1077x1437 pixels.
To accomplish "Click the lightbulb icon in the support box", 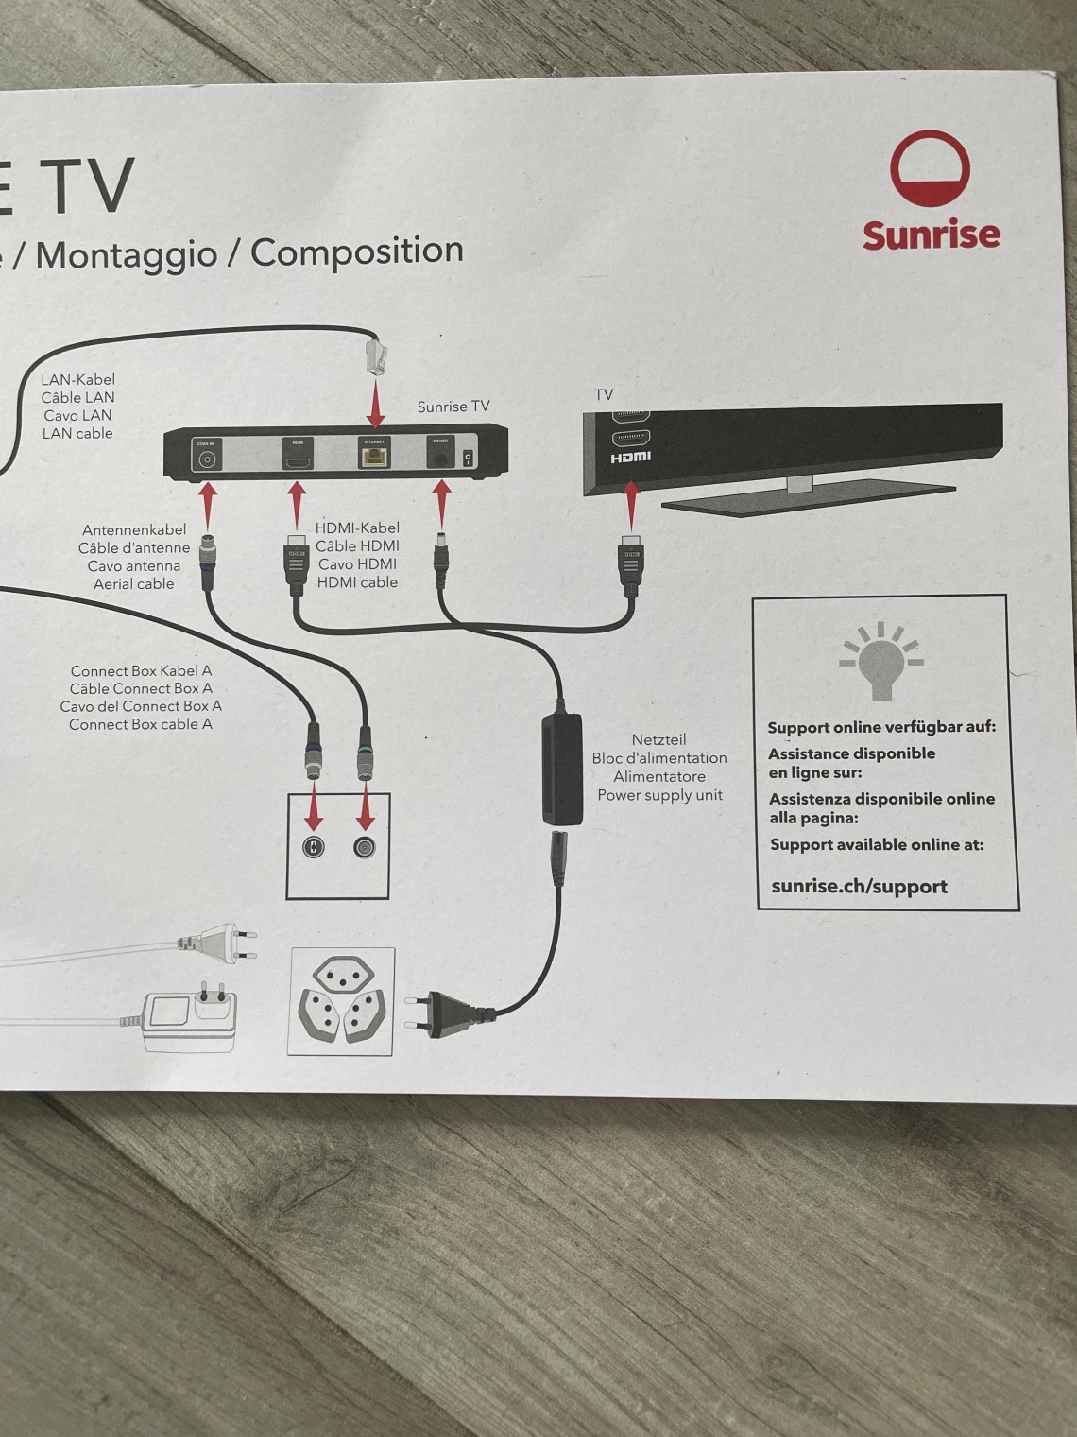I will [x=880, y=661].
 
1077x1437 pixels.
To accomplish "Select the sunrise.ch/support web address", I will [x=859, y=887].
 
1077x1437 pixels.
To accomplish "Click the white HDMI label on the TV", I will [x=630, y=458].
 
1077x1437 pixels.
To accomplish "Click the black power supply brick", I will [x=561, y=770].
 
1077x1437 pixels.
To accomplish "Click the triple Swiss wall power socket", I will [x=341, y=1001].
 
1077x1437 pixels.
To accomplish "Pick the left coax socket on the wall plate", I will [x=313, y=847].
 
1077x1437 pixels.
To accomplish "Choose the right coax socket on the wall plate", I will [x=365, y=847].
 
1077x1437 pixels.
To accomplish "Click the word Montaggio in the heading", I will [x=127, y=254].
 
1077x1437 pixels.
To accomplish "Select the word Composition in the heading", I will [x=357, y=251].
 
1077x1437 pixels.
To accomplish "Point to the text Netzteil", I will [x=658, y=739].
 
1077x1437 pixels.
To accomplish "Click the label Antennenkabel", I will [x=134, y=529].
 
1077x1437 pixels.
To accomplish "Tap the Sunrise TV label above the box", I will [x=453, y=407].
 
